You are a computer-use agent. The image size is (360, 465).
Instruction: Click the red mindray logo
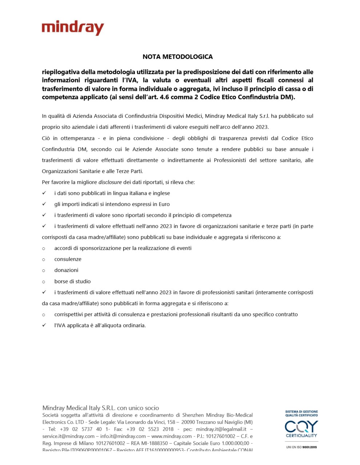click(x=73, y=28)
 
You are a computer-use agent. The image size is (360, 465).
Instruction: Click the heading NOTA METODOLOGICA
click(x=177, y=57)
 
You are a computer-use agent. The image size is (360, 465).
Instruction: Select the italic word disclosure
click(x=110, y=182)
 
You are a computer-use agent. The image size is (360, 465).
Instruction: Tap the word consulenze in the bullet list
click(x=68, y=259)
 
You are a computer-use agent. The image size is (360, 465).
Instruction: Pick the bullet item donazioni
click(x=66, y=270)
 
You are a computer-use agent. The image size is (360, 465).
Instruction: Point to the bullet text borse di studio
click(x=72, y=281)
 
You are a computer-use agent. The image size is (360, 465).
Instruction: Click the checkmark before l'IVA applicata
click(x=44, y=325)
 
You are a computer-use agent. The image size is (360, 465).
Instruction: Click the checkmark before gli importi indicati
click(x=44, y=204)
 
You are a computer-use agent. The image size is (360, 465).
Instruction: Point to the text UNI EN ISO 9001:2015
click(x=301, y=447)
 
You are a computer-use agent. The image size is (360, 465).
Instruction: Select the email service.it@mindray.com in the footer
click(x=68, y=436)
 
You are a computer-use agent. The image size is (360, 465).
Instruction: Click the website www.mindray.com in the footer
click(x=171, y=436)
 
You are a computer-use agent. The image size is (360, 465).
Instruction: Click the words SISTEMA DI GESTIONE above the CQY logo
click(x=301, y=412)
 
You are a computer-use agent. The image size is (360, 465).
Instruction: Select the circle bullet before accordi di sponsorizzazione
click(x=44, y=248)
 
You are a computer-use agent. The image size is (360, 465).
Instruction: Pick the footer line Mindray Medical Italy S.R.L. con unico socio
click(x=101, y=408)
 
